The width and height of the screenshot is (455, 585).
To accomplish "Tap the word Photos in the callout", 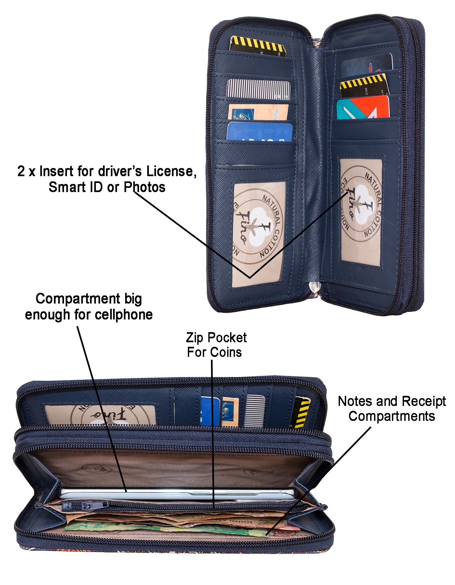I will pos(144,187).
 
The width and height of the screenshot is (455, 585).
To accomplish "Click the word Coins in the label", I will pos(226,352).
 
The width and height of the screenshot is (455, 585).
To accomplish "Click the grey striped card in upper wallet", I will pos(258,89).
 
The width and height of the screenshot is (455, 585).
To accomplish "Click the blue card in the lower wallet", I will pos(210,411).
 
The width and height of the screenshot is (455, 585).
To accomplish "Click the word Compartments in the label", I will pos(391,417).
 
